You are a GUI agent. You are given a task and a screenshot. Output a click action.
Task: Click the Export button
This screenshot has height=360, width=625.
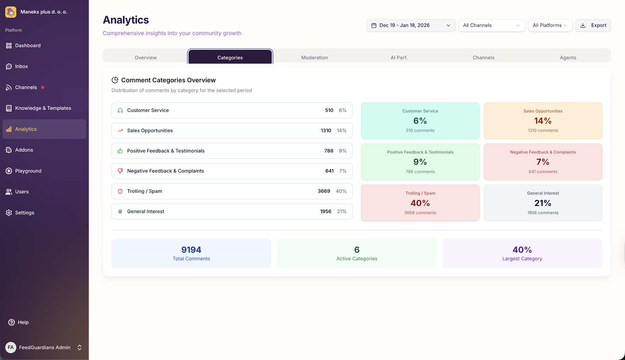[x=593, y=25]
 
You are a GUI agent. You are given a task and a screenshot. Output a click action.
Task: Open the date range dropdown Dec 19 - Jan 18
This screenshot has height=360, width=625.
[x=411, y=25]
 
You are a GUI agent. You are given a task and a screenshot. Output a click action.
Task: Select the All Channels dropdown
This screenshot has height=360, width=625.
[x=491, y=25]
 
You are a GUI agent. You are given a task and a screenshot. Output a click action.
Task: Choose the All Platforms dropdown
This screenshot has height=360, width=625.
[x=550, y=25]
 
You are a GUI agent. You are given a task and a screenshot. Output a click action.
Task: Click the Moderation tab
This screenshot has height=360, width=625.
[x=314, y=57]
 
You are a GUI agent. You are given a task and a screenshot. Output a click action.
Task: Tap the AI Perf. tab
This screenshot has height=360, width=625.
[x=399, y=57]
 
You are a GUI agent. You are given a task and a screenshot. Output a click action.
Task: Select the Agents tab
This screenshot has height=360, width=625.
[x=568, y=57]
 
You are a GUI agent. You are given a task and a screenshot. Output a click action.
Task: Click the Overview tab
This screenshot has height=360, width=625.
[x=145, y=57]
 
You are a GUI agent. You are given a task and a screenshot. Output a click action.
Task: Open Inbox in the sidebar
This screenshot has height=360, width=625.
[x=21, y=66]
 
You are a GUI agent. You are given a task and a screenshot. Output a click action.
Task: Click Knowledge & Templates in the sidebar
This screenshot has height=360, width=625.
[x=43, y=108]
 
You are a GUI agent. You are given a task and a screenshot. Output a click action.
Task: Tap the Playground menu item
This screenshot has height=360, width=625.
[x=28, y=171]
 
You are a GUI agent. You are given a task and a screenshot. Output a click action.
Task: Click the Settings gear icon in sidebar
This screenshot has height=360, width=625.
[x=9, y=213]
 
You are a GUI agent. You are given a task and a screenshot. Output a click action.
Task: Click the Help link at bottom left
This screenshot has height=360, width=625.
[x=23, y=323]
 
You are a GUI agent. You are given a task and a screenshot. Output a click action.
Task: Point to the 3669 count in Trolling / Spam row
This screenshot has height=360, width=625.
[x=324, y=191]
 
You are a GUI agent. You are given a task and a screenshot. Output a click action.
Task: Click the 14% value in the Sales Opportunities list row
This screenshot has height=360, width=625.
[x=341, y=131]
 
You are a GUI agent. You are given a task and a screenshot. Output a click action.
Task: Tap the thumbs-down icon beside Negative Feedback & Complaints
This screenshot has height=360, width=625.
[x=120, y=171]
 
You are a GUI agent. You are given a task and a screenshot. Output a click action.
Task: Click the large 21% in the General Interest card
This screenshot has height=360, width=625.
[x=543, y=203]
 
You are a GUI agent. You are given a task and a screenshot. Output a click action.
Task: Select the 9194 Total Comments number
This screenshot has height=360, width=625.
[x=191, y=250]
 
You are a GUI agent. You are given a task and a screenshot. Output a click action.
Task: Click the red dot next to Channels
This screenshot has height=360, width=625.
[x=43, y=87]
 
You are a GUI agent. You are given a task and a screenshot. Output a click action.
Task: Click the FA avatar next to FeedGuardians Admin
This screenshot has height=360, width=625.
[x=11, y=348]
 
